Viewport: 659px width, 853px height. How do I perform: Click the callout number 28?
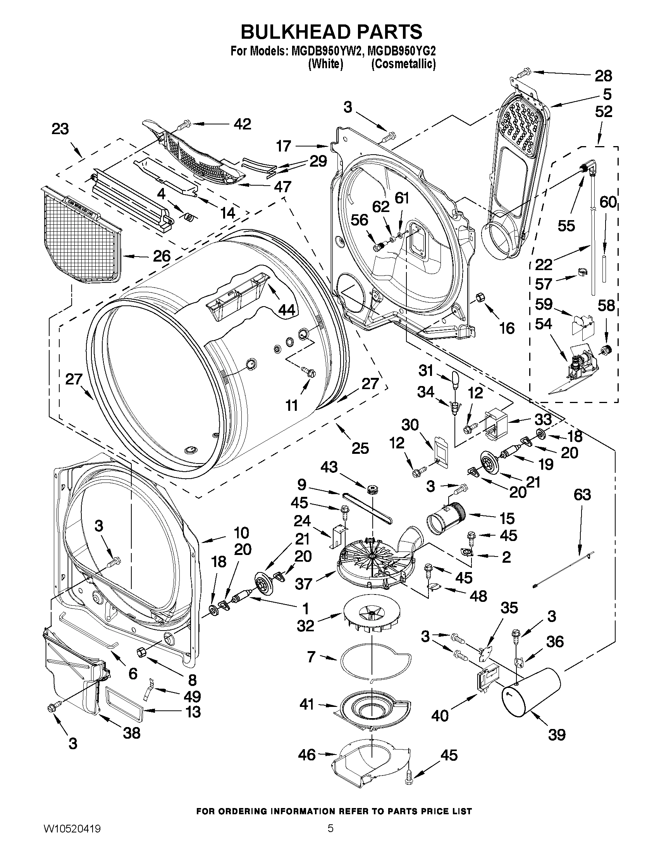(x=603, y=76)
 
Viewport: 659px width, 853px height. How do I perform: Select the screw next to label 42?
(x=184, y=125)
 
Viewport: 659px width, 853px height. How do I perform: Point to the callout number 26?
(x=161, y=256)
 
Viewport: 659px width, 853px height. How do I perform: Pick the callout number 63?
(x=582, y=495)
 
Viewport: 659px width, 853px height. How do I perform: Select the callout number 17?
(x=284, y=146)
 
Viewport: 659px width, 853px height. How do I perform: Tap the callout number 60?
(x=607, y=202)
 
